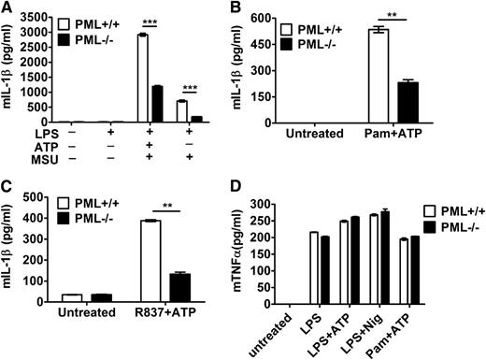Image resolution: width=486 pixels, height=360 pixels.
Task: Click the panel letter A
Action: click(7, 7)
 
